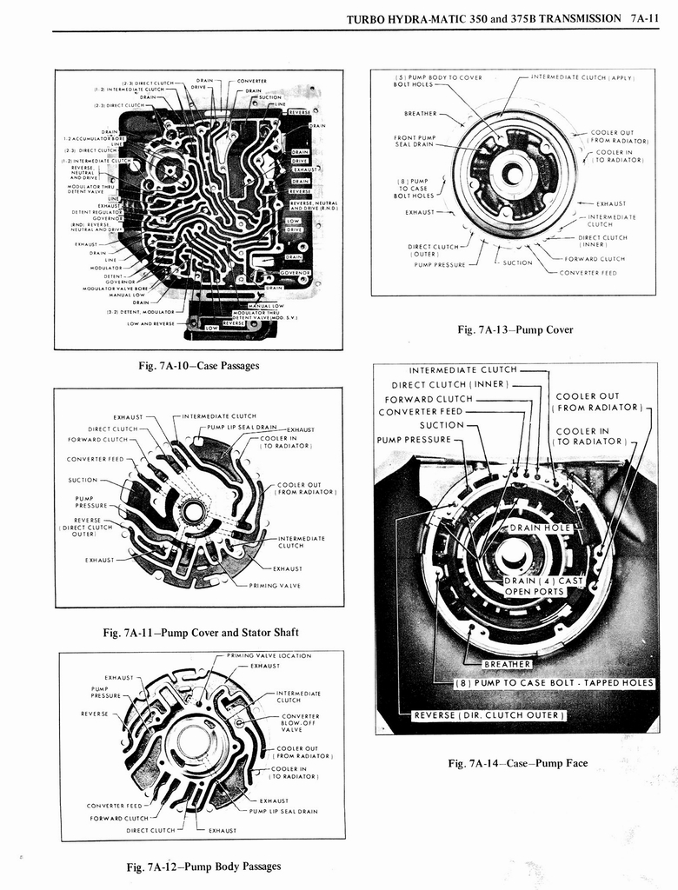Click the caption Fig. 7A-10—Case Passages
[x=198, y=366]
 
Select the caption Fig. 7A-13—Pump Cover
[x=515, y=329]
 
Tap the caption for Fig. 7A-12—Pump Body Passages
[x=203, y=866]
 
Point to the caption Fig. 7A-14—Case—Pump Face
[x=517, y=763]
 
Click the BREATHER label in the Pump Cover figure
[x=420, y=113]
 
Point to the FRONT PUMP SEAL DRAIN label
[x=414, y=142]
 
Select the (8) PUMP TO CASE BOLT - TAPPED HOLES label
[x=554, y=682]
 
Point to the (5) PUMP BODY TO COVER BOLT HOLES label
[x=437, y=81]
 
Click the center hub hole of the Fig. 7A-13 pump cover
[x=514, y=174]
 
